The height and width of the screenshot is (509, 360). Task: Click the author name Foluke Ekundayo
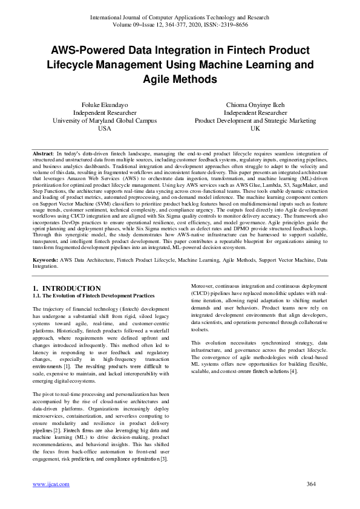105,105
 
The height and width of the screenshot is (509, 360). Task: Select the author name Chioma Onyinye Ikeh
255,105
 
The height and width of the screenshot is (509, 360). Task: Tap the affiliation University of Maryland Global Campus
105,120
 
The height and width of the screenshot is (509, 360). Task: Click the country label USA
105,128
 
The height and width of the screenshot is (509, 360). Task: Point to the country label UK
255,128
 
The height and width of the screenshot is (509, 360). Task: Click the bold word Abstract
44,155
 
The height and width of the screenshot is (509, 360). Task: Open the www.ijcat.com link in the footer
51,484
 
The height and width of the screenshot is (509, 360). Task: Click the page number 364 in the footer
312,484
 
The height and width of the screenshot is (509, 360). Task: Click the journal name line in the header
180,18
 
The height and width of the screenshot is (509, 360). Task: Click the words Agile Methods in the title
180,79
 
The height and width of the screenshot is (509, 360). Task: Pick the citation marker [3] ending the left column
163,459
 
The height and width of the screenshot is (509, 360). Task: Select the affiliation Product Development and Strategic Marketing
255,120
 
